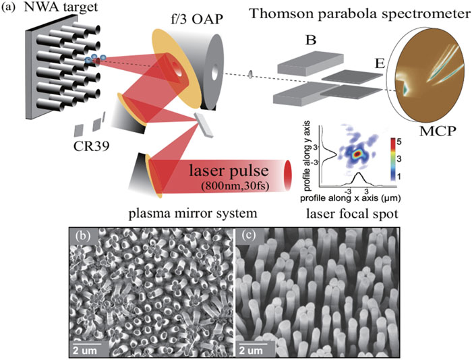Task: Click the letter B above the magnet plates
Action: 311,42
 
